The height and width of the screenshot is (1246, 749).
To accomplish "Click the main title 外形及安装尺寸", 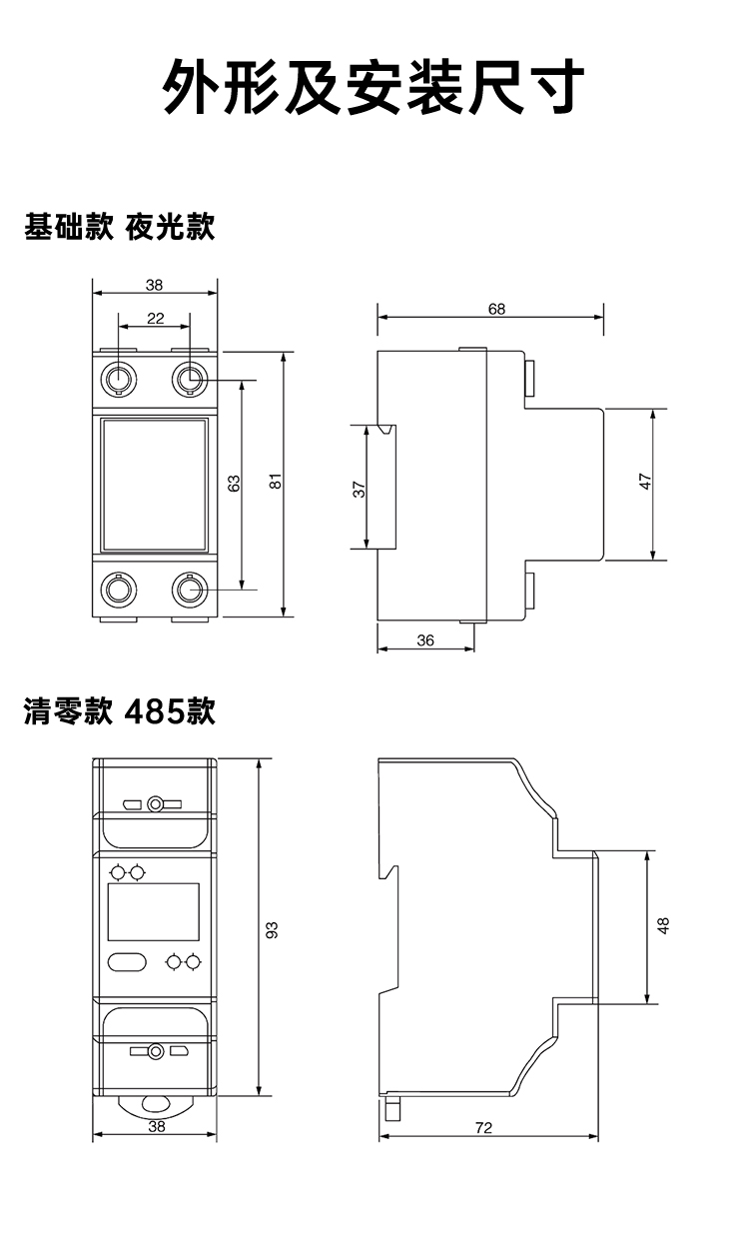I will tap(374, 88).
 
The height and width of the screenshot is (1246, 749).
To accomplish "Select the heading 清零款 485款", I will tap(120, 711).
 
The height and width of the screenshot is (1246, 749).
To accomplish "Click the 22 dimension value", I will tap(156, 318).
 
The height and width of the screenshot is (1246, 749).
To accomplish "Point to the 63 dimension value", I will tap(234, 484).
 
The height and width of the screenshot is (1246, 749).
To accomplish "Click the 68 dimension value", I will tap(496, 309).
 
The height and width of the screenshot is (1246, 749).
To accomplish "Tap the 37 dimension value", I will tap(360, 489).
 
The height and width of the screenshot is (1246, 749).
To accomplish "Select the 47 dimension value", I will tap(645, 484).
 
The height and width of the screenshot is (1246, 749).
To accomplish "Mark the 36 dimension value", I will tap(425, 640).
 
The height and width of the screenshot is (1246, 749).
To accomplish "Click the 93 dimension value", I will tap(271, 929).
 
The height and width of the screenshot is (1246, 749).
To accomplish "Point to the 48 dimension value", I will tap(664, 925).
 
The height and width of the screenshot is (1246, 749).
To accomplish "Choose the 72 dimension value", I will tap(483, 1128).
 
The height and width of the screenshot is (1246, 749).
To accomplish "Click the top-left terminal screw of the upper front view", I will tap(119, 379).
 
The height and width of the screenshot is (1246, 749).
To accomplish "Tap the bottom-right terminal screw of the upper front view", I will tap(189, 591).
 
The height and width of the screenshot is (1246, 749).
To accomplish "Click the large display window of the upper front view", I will tap(155, 485).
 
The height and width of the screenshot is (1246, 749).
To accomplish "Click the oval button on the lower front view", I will tap(127, 962).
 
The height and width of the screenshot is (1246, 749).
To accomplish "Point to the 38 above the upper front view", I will tap(154, 285).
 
